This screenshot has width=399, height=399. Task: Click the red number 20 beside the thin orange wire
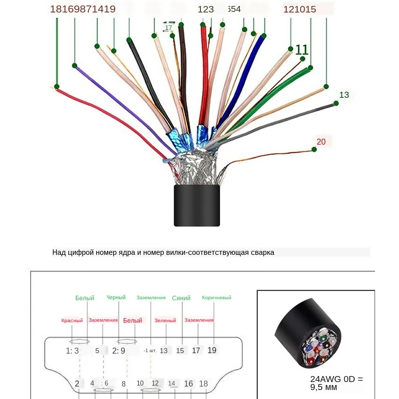point(321,142)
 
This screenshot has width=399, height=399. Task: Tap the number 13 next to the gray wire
point(344,95)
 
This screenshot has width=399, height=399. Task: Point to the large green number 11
point(302,49)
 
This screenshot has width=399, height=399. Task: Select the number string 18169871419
point(83,8)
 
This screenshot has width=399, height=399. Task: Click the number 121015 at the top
point(299,8)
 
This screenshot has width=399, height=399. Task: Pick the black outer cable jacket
point(197,205)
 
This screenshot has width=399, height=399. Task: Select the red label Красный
point(72,320)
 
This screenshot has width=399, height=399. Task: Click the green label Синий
point(181,298)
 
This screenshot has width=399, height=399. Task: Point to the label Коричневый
point(216,298)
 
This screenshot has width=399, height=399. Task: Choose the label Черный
point(116,297)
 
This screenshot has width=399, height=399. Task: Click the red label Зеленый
point(165,320)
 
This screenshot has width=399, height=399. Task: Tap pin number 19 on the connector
point(212,350)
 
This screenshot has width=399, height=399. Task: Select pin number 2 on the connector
point(77,384)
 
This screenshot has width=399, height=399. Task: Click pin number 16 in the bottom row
point(189,384)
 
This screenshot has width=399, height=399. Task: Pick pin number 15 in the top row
point(180,351)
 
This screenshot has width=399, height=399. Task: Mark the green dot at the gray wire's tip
point(336,103)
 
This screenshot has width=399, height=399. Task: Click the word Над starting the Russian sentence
point(59,252)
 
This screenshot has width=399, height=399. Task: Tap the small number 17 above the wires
point(168,28)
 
